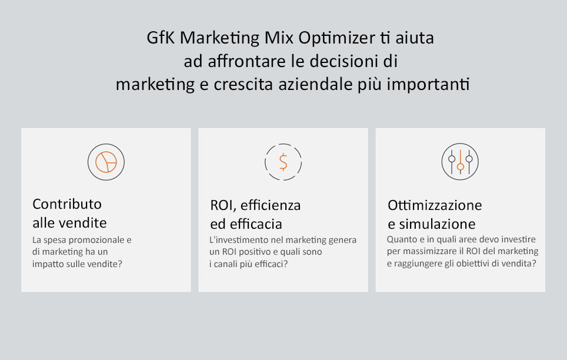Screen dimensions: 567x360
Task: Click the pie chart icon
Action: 106,162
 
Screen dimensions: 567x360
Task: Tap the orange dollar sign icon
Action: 283,162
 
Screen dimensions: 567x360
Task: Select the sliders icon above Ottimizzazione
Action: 460,162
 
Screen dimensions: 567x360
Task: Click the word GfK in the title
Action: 161,38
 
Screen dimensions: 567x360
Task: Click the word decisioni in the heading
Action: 342,61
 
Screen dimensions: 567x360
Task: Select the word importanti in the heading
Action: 428,85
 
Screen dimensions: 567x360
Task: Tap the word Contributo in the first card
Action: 67,204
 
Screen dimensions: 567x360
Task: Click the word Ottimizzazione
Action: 435,205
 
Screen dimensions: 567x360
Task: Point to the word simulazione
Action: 437,224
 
